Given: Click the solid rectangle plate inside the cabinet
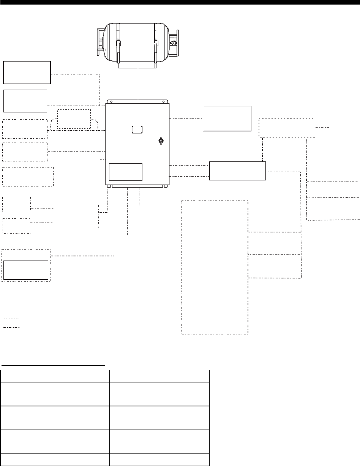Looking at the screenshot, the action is (x=125, y=172).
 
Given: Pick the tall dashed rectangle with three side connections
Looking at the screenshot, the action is (x=215, y=267).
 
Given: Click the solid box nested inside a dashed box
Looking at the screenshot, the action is (x=26, y=270).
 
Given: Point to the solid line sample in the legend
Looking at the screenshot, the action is (x=11, y=310).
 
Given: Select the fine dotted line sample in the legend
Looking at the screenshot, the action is (x=11, y=318).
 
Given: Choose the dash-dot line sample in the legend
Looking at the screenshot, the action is (x=11, y=327).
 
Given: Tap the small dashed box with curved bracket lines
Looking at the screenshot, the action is (x=74, y=119).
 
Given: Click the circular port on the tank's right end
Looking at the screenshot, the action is (x=174, y=44).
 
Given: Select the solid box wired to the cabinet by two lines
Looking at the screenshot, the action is (x=237, y=171).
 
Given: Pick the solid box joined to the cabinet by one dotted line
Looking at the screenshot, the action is (x=227, y=118).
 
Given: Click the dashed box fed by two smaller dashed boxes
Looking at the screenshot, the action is (x=76, y=216).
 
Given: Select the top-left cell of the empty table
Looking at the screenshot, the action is (x=55, y=375).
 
